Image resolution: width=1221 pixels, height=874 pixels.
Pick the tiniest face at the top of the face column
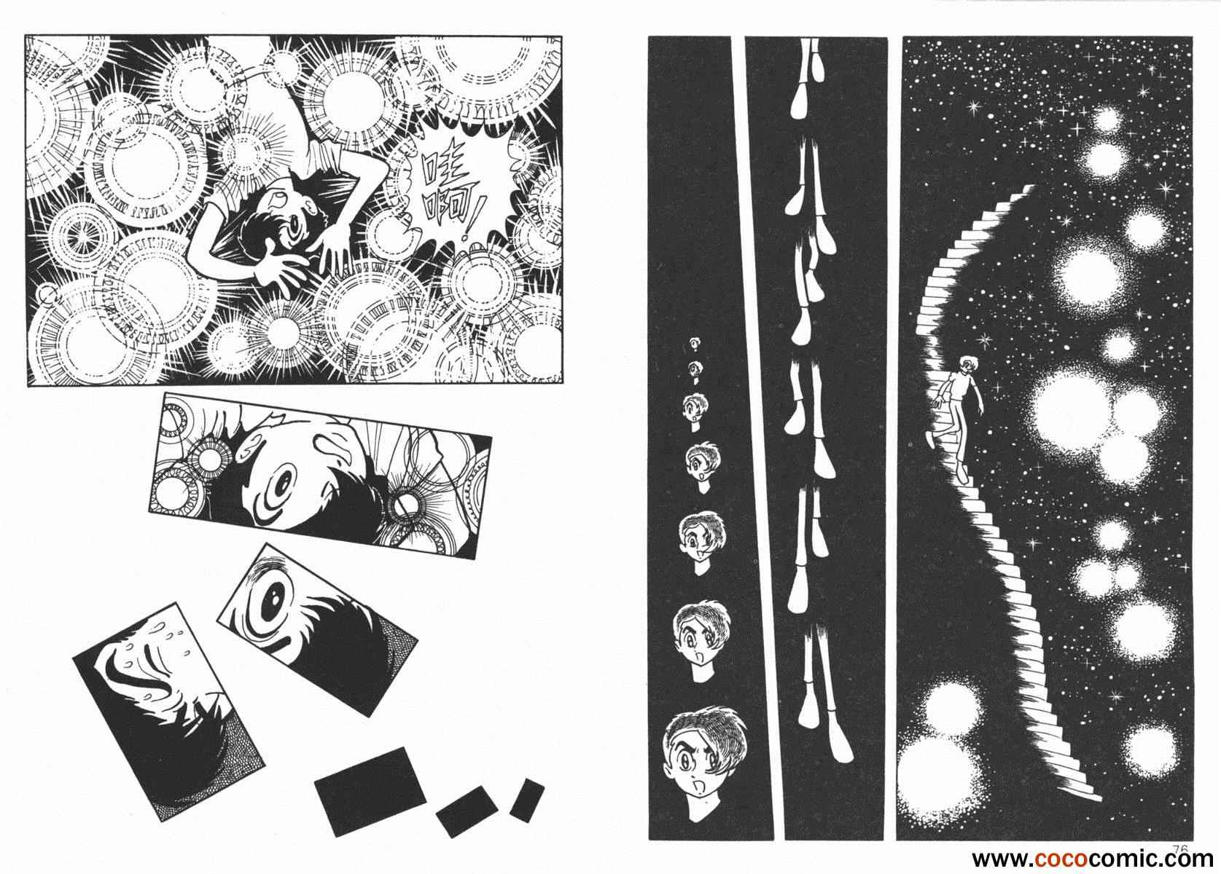(x=694, y=343)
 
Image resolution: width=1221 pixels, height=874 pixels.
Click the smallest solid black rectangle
(x=526, y=800)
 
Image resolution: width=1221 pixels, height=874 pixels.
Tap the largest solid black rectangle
(x=370, y=791)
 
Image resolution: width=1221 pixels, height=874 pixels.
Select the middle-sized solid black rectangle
(x=467, y=811)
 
